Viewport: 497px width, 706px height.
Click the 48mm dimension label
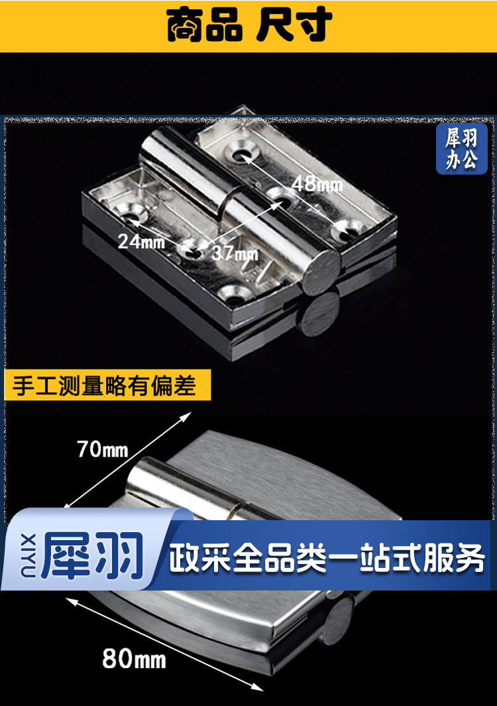point(317,184)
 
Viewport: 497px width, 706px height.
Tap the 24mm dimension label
point(141,242)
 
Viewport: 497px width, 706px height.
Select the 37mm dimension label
point(235,253)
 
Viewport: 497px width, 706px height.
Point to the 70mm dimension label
point(103,449)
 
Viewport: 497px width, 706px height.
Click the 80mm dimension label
point(134,659)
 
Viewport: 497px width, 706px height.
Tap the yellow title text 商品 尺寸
point(249,25)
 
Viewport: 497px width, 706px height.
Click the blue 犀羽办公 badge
point(461,148)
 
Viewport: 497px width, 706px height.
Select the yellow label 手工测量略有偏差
point(107,386)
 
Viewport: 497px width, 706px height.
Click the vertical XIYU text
point(28,555)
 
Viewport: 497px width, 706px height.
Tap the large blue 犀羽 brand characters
point(92,555)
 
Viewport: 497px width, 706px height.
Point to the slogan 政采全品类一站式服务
point(327,558)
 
